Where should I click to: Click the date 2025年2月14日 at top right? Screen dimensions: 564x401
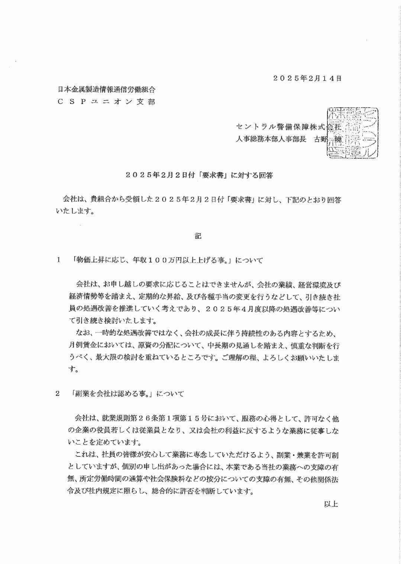[x=307, y=78]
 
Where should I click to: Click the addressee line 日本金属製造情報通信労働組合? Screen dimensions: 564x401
[x=107, y=90]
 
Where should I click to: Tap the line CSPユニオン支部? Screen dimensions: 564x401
[x=107, y=101]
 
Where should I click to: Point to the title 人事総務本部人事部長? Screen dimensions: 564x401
[x=271, y=139]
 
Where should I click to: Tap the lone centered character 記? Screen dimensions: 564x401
[x=198, y=236]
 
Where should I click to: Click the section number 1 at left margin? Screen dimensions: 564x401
[x=58, y=260]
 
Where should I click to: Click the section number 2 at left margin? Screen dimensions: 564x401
[x=58, y=393]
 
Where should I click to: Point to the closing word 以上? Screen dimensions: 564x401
[x=331, y=504]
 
